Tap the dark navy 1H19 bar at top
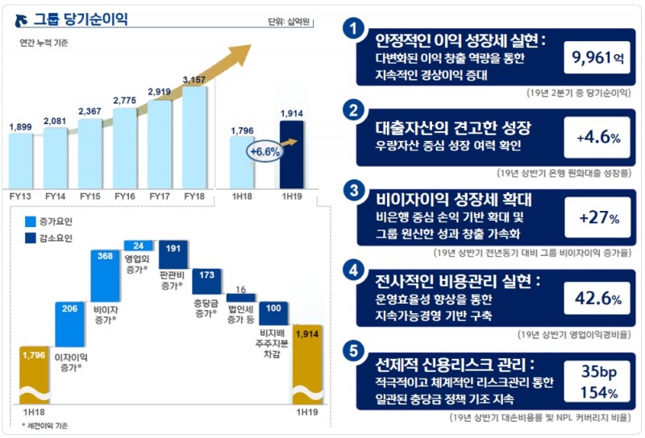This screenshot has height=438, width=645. [292, 153]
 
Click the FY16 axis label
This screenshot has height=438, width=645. [125, 196]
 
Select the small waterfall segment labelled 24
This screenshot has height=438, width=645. [139, 245]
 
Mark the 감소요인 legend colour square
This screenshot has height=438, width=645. [31, 238]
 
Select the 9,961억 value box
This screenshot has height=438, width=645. [597, 58]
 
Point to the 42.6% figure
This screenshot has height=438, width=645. [597, 299]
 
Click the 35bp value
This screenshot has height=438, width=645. [597, 371]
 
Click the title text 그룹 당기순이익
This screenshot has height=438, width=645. [80, 18]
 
